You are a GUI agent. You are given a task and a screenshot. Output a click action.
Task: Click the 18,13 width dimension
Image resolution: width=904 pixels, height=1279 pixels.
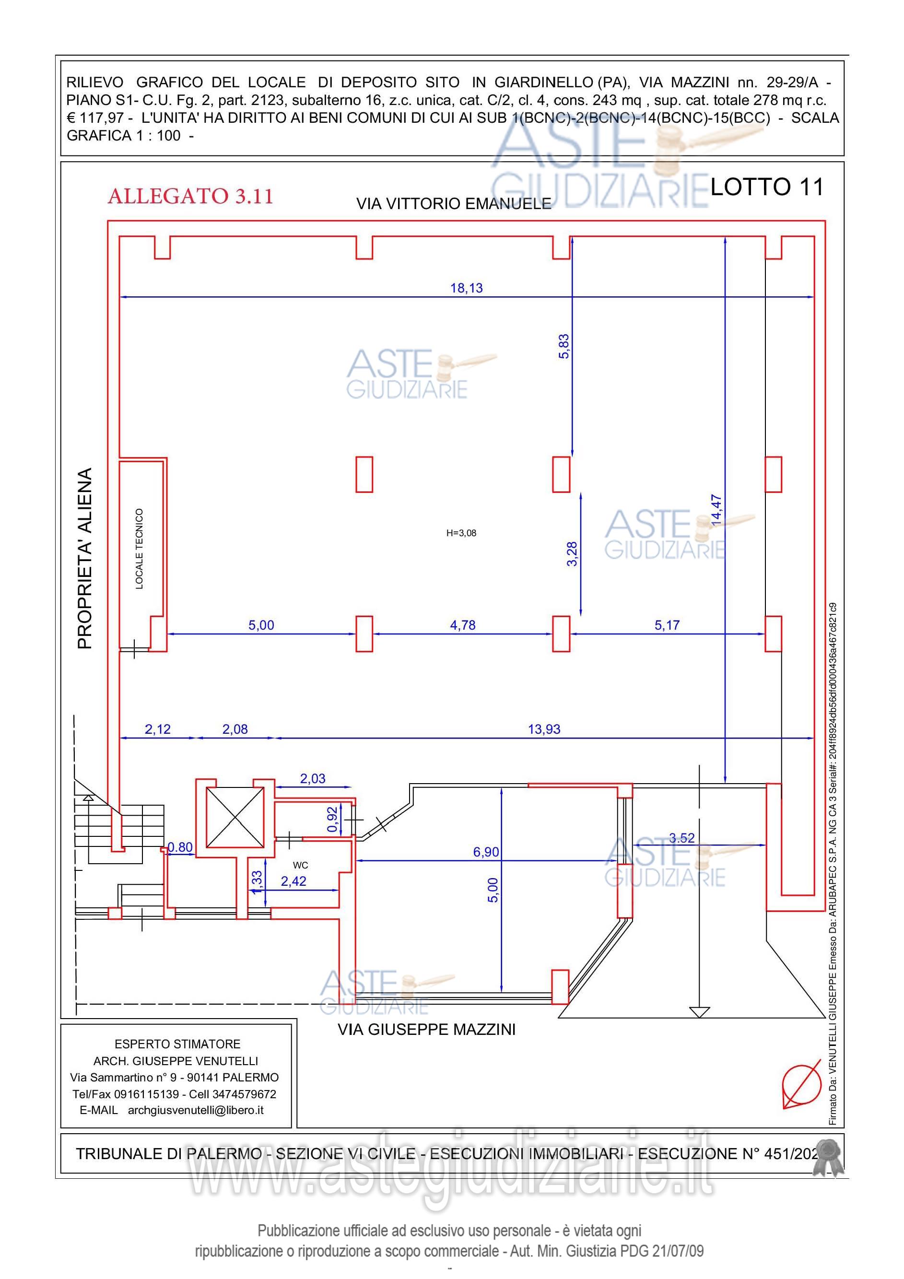pyautogui.click(x=467, y=288)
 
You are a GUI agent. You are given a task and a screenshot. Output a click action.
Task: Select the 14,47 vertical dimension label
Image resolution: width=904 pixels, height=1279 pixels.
pyautogui.click(x=716, y=510)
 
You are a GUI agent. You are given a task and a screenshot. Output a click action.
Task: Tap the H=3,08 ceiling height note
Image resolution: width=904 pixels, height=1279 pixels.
pyautogui.click(x=461, y=533)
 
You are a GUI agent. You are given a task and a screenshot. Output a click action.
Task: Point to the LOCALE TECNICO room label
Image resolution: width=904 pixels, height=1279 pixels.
pyautogui.click(x=139, y=549)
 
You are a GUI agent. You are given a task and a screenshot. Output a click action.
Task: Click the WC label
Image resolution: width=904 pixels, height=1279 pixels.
pyautogui.click(x=300, y=865)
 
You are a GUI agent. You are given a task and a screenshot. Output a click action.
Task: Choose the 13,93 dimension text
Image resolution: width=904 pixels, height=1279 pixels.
pyautogui.click(x=544, y=729)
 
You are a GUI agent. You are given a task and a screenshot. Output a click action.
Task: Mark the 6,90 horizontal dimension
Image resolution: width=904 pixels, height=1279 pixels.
pyautogui.click(x=486, y=852)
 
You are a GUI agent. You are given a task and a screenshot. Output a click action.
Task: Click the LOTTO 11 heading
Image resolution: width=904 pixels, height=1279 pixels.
pyautogui.click(x=767, y=187)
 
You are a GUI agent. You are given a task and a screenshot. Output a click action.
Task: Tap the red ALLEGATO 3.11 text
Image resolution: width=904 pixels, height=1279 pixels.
pyautogui.click(x=190, y=196)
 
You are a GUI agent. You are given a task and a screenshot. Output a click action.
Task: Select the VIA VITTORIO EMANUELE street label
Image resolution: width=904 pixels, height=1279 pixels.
pyautogui.click(x=454, y=204)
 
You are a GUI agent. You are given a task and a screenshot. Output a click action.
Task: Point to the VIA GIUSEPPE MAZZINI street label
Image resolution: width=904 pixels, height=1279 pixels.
pyautogui.click(x=427, y=1030)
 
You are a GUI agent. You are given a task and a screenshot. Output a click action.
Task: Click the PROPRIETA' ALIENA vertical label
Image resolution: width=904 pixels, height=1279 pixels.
pyautogui.click(x=85, y=558)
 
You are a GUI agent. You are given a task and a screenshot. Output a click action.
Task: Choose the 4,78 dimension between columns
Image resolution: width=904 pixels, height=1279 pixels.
pyautogui.click(x=463, y=625)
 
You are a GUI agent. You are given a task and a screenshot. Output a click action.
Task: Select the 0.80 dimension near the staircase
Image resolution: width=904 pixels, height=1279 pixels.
pyautogui.click(x=180, y=847)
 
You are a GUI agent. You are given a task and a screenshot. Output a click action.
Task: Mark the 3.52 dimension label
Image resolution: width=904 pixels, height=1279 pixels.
pyautogui.click(x=682, y=838)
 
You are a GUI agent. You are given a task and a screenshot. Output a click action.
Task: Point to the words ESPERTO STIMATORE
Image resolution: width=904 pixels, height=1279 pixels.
pyautogui.click(x=177, y=1044)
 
